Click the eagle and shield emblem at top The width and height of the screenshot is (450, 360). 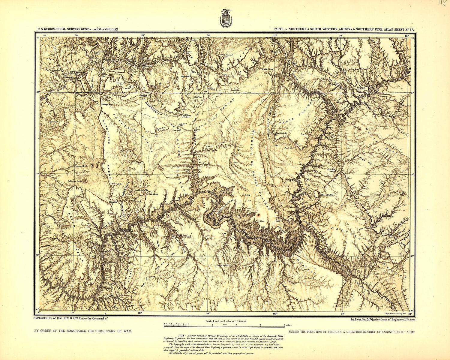pyautogui.click(x=226, y=18)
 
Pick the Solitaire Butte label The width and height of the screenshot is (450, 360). pyautogui.click(x=75, y=181)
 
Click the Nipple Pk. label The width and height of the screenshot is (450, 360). pyautogui.click(x=277, y=51)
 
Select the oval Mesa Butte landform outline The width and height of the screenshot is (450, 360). pyautogui.click(x=316, y=194)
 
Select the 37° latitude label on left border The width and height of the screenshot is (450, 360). pyautogui.click(x=38, y=92)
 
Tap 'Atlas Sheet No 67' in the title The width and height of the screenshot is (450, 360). pyautogui.click(x=396, y=29)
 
